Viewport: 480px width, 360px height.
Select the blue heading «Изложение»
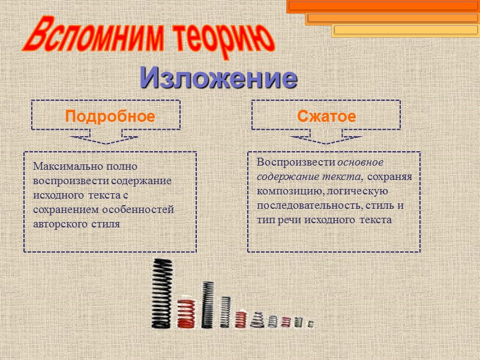[219, 78]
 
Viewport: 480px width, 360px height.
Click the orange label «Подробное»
[110, 116]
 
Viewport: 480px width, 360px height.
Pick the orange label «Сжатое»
[326, 116]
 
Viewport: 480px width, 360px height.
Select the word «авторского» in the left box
[61, 224]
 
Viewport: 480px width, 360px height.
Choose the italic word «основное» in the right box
[360, 163]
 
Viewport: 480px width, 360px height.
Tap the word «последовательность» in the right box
[306, 206]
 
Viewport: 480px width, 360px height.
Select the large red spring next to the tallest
[187, 313]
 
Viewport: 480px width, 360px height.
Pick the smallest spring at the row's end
[310, 324]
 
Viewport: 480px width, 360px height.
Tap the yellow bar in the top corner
[404, 29]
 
